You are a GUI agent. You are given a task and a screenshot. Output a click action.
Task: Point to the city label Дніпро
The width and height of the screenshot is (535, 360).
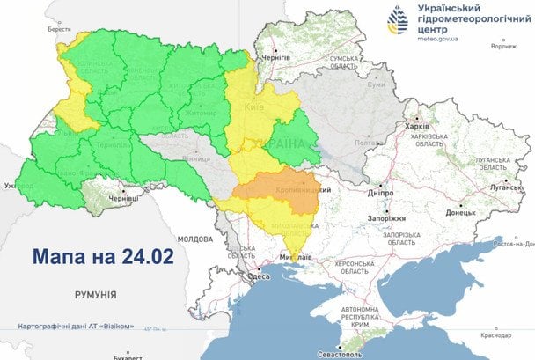click(x=378, y=190)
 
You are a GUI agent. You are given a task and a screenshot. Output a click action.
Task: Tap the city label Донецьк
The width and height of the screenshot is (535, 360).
click(x=460, y=212)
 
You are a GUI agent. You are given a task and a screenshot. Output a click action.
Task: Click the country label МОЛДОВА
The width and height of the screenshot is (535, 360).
click(x=194, y=239)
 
